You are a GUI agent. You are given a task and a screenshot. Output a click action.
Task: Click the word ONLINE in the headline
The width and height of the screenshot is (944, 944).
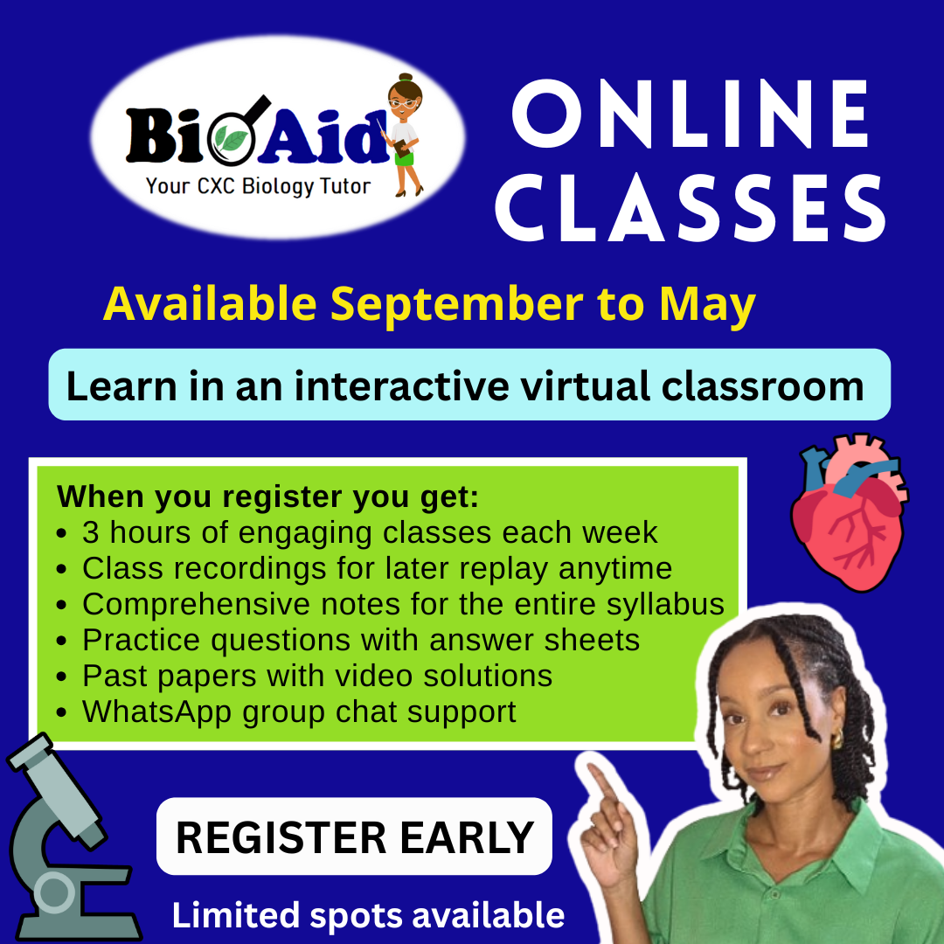pos(691,114)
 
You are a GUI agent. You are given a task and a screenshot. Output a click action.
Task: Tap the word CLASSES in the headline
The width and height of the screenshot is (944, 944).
pos(691,208)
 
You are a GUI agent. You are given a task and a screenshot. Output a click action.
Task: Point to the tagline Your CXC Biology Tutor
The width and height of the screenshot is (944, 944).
pos(258,186)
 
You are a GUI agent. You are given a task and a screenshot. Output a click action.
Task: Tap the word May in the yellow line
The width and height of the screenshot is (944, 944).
pos(707,305)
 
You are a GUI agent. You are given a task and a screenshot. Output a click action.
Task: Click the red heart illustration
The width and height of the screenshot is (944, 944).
pos(849,511)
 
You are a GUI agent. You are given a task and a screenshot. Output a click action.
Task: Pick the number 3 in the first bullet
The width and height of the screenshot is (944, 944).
pos(90,533)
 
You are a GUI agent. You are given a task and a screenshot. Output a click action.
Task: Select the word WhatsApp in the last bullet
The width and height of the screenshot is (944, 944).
pos(156,712)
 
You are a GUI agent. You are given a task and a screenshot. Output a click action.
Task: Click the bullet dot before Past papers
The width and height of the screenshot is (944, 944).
pos(61,677)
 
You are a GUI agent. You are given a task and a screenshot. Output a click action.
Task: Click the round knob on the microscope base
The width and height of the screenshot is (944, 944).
pos(54,892)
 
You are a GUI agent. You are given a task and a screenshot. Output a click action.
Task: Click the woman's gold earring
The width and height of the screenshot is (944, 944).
pos(837,739)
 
